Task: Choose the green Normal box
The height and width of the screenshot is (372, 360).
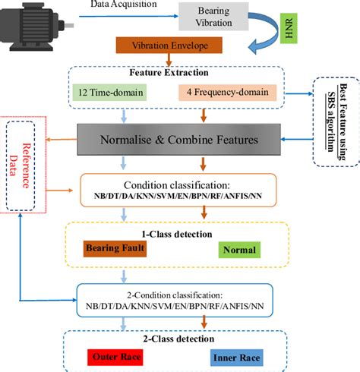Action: click(240, 249)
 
